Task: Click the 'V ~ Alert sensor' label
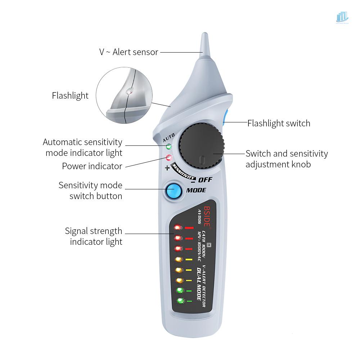tap(129, 52)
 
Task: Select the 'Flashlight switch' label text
tap(279, 123)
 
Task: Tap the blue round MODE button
tap(174, 191)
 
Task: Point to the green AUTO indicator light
tap(168, 147)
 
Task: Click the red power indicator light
tap(168, 157)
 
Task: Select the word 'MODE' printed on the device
tap(196, 190)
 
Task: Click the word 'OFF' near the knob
tap(206, 180)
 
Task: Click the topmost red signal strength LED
tap(177, 228)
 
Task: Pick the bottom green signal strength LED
tap(179, 301)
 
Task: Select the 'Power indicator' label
tap(92, 166)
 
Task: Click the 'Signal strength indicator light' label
tap(94, 236)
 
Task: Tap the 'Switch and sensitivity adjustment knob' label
tap(287, 159)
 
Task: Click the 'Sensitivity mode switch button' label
tap(90, 191)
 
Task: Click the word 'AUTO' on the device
tap(168, 138)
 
